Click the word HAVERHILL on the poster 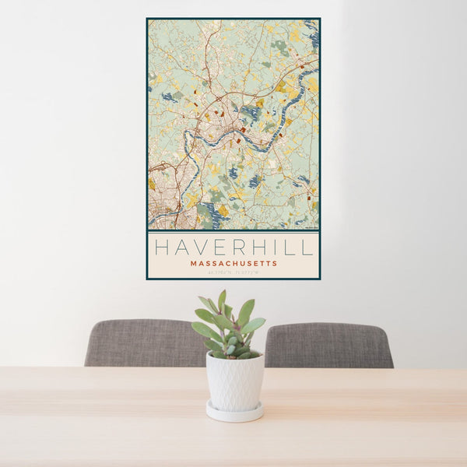[233, 248]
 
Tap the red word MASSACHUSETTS [233, 263]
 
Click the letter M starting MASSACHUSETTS [192, 263]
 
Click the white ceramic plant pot [234, 381]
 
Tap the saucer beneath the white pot [234, 413]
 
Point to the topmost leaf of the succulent [222, 297]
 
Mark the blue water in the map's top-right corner [313, 35]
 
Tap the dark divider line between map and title [233, 231]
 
